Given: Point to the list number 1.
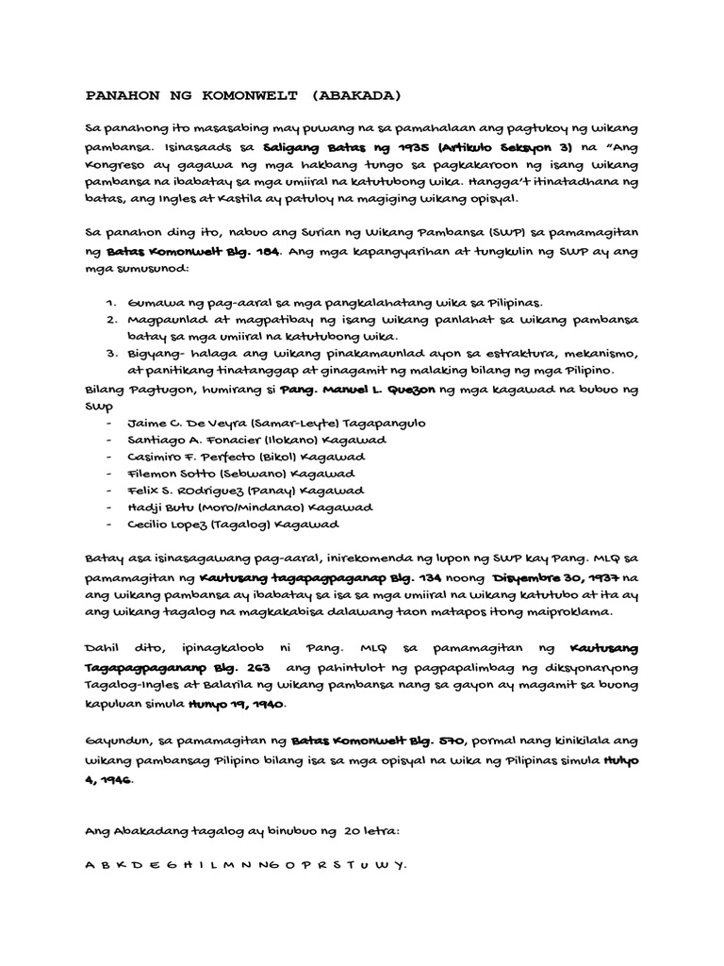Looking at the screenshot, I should coord(110,303).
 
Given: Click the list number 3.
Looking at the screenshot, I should coord(110,354).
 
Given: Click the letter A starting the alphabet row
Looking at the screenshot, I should coord(90,865).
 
